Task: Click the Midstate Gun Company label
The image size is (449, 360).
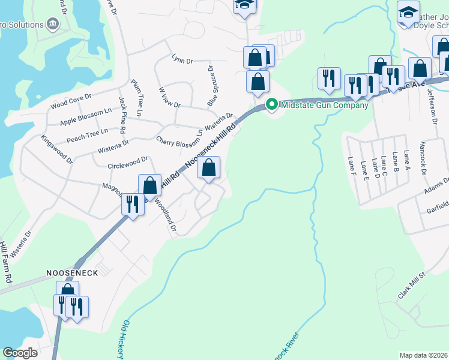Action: [324, 106]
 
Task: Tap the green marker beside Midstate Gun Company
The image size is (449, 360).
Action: [271, 105]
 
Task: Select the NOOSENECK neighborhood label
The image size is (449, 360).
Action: [72, 272]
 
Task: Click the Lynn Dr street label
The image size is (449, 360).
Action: [182, 59]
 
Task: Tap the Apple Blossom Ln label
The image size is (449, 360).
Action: [86, 118]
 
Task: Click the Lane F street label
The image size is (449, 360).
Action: [352, 164]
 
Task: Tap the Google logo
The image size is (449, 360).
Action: [20, 352]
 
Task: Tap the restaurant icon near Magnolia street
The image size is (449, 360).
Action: [131, 205]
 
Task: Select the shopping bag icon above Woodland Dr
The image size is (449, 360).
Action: [150, 185]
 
